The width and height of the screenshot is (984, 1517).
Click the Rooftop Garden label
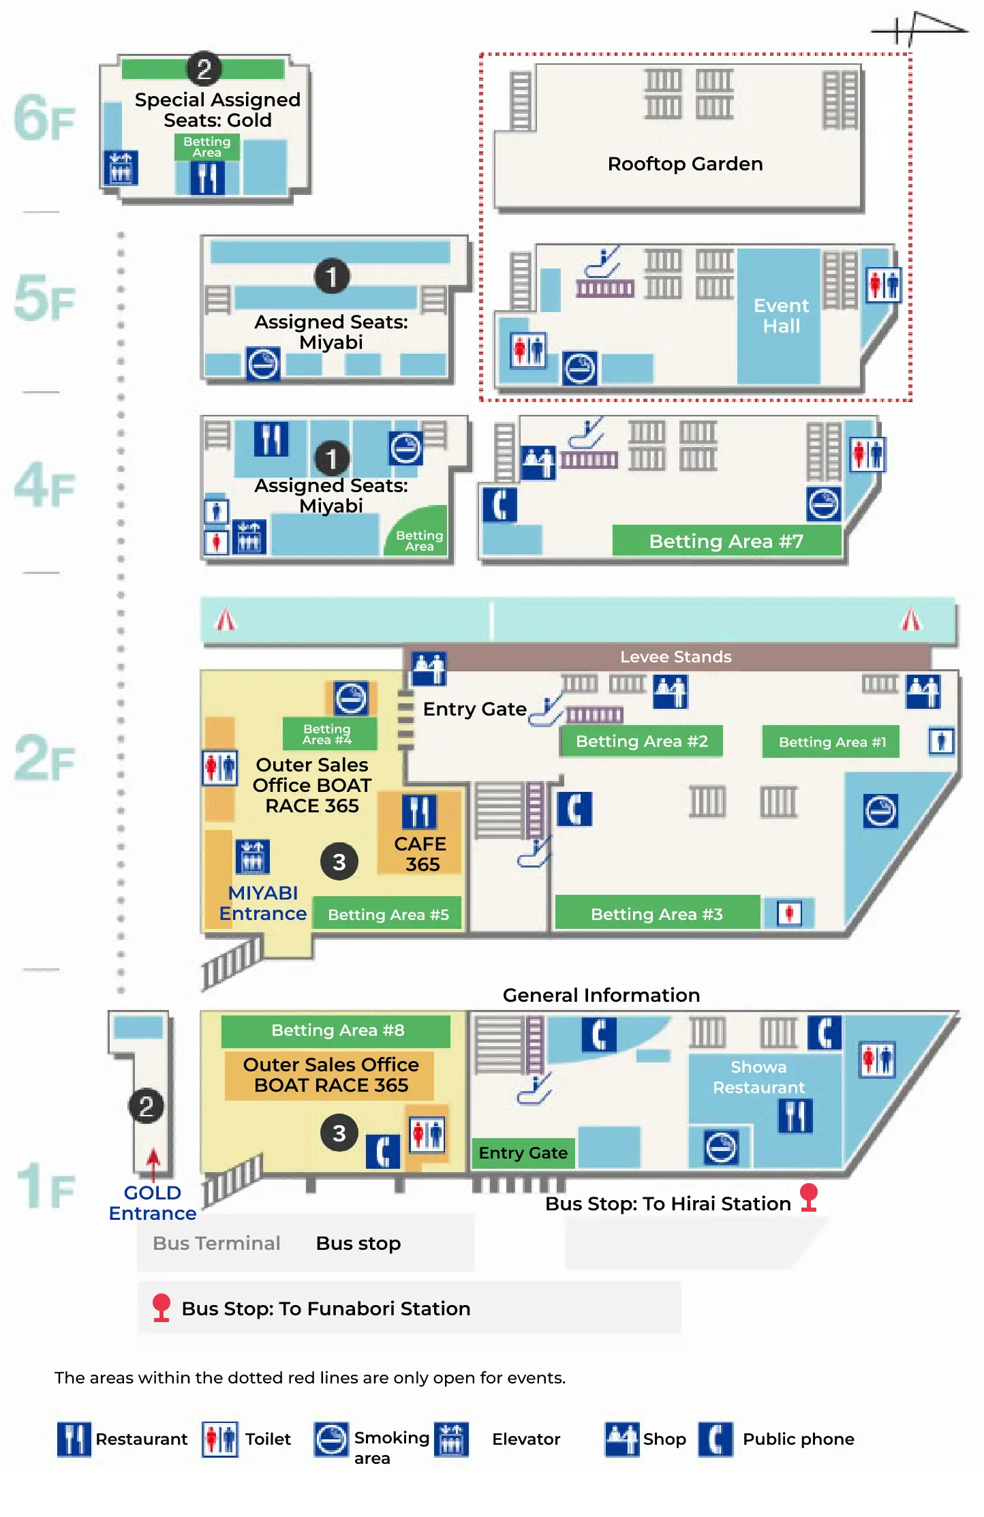pos(685,164)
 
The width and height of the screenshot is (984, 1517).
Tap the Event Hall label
pos(781,316)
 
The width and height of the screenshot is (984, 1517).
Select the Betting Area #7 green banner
pos(726,541)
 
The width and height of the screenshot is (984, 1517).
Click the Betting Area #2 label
pos(641,741)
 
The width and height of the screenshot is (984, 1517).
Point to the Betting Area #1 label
pos(832,742)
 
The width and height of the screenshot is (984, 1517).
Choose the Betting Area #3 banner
pos(656,914)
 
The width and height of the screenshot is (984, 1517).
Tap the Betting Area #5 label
pos(388,915)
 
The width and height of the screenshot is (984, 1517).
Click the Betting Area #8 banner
pos(337,1030)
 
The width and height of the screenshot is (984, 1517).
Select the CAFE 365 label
pos(420,854)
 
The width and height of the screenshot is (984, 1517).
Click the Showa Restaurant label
pos(758,1077)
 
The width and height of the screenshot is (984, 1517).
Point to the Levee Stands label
pos(675,657)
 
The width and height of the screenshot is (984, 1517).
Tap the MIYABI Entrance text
pos(263,903)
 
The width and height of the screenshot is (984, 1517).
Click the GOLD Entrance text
pos(153,1203)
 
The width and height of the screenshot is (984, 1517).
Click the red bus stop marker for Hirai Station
pos(809,1197)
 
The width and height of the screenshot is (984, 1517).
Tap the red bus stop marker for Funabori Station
pos(161,1307)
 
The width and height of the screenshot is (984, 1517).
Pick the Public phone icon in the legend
pos(716,1439)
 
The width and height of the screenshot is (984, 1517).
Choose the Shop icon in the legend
pos(621,1439)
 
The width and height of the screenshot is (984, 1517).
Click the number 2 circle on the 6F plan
pos(204,69)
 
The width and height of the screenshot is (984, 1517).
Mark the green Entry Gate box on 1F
pos(523,1152)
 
